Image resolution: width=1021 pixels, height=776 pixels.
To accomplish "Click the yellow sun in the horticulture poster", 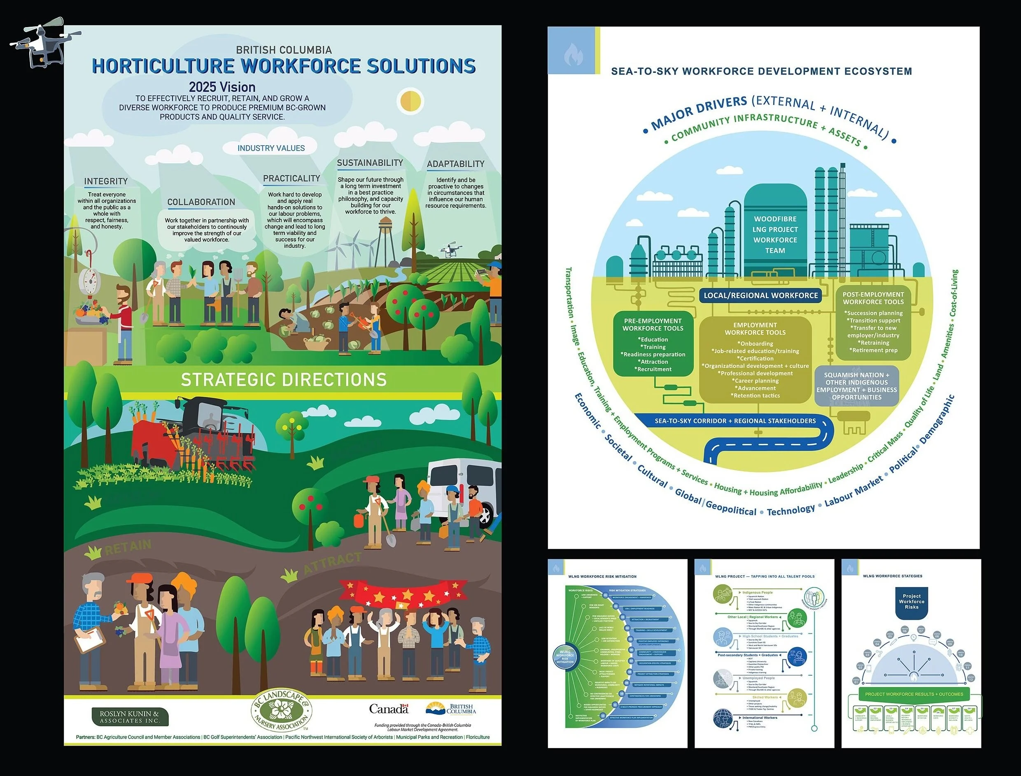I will pyautogui.click(x=410, y=100).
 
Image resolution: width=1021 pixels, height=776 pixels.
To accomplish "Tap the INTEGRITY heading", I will pyautogui.click(x=106, y=181).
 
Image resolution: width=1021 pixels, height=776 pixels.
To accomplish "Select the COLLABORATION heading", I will pyautogui.click(x=201, y=202).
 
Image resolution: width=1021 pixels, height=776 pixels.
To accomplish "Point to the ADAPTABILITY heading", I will pyautogui.click(x=455, y=164).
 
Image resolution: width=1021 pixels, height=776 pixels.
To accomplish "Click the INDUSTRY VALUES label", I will pyautogui.click(x=271, y=148).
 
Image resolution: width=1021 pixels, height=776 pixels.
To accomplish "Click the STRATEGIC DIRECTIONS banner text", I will pyautogui.click(x=283, y=380).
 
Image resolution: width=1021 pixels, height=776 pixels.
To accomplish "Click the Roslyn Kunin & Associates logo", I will pyautogui.click(x=130, y=717).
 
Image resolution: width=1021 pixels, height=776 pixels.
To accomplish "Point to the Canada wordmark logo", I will pyautogui.click(x=389, y=709).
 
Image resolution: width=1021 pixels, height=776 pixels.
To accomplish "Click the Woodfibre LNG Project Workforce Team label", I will pyautogui.click(x=775, y=235).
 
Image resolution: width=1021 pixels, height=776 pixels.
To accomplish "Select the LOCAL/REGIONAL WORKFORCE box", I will pyautogui.click(x=760, y=295).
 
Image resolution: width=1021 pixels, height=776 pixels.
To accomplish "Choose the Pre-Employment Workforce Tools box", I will pyautogui.click(x=653, y=344).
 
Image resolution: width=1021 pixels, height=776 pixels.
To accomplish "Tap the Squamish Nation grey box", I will pyautogui.click(x=856, y=386).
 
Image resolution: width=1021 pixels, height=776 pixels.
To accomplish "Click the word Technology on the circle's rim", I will pyautogui.click(x=790, y=510).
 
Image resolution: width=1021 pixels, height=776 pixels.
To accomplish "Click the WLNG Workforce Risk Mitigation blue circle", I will pyautogui.click(x=565, y=658).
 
